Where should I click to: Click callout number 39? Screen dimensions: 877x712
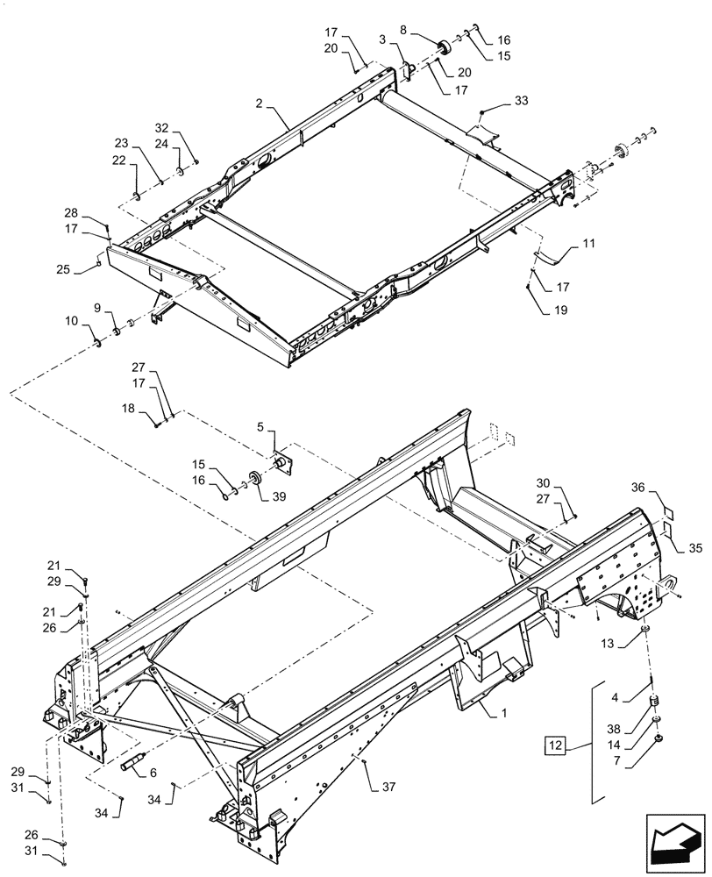pyautogui.click(x=280, y=497)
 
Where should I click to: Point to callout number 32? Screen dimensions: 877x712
pyautogui.click(x=163, y=127)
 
